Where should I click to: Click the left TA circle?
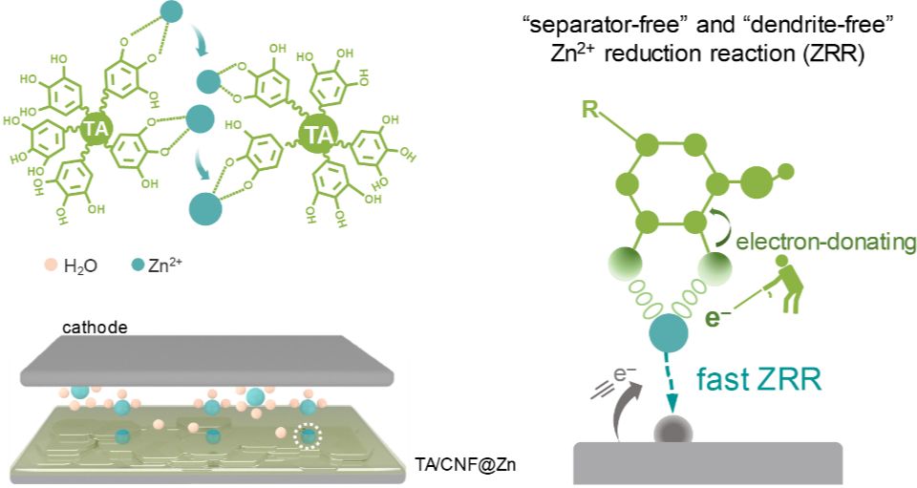tap(96, 129)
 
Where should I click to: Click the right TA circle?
tap(319, 135)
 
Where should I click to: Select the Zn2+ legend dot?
tap(138, 265)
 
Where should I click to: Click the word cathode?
tap(95, 327)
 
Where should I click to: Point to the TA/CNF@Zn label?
tap(466, 465)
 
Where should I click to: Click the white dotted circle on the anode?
tap(308, 436)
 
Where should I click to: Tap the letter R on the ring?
tap(590, 109)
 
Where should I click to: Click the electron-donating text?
tap(825, 242)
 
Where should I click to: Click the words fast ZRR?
tap(759, 379)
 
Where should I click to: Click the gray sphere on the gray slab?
tap(673, 432)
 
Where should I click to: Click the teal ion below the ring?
tap(669, 333)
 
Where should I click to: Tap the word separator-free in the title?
tap(594, 24)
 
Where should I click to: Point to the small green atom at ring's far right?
tap(786, 171)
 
